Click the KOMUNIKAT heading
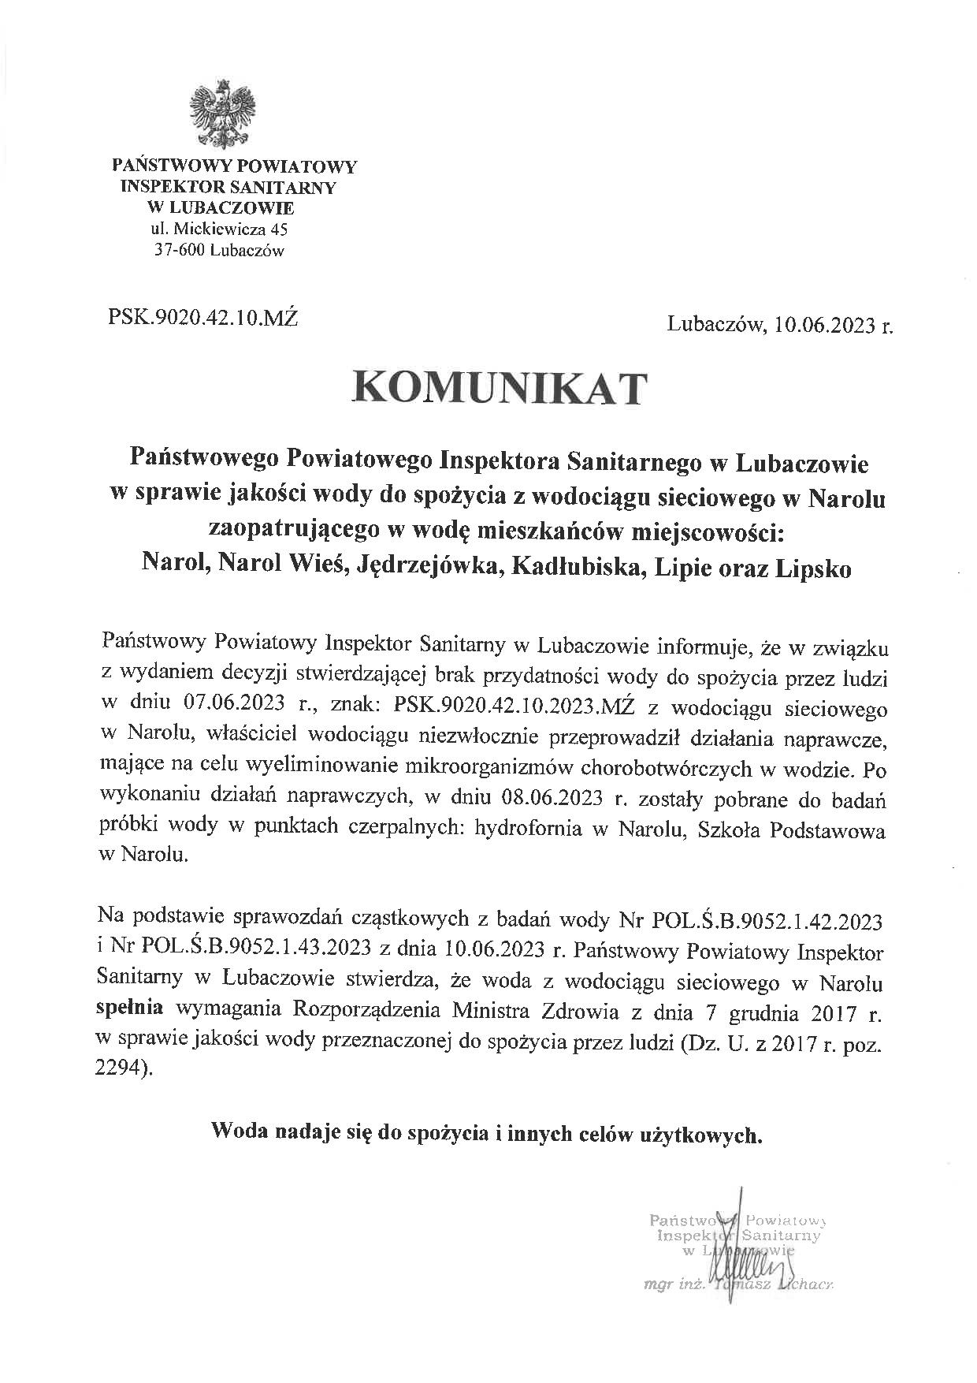(500, 389)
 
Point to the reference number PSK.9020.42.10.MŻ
(202, 319)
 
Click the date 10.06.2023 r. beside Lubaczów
(834, 324)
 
